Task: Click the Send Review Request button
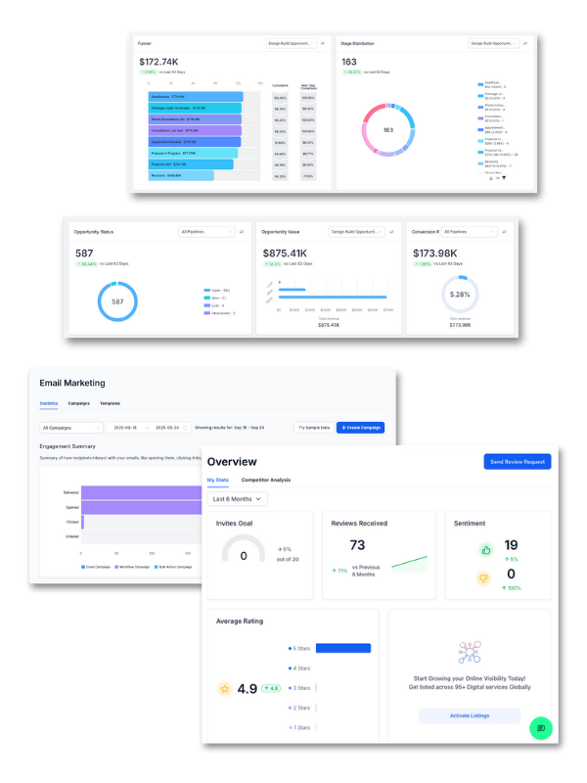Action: (x=517, y=461)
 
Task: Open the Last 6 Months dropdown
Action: (x=239, y=499)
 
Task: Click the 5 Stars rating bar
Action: (x=343, y=648)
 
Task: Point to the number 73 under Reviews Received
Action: (x=357, y=545)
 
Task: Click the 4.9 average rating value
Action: (x=247, y=688)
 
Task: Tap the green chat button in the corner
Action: (x=541, y=728)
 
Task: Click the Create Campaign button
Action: (x=360, y=428)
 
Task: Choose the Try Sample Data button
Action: (x=313, y=428)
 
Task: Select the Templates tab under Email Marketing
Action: (x=110, y=403)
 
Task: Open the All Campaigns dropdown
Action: (x=71, y=428)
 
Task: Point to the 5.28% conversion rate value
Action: (x=459, y=294)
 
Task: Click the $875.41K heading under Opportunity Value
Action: (x=287, y=253)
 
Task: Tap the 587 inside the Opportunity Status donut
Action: (x=117, y=302)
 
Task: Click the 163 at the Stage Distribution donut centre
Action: (x=388, y=130)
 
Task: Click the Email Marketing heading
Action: (x=72, y=383)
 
